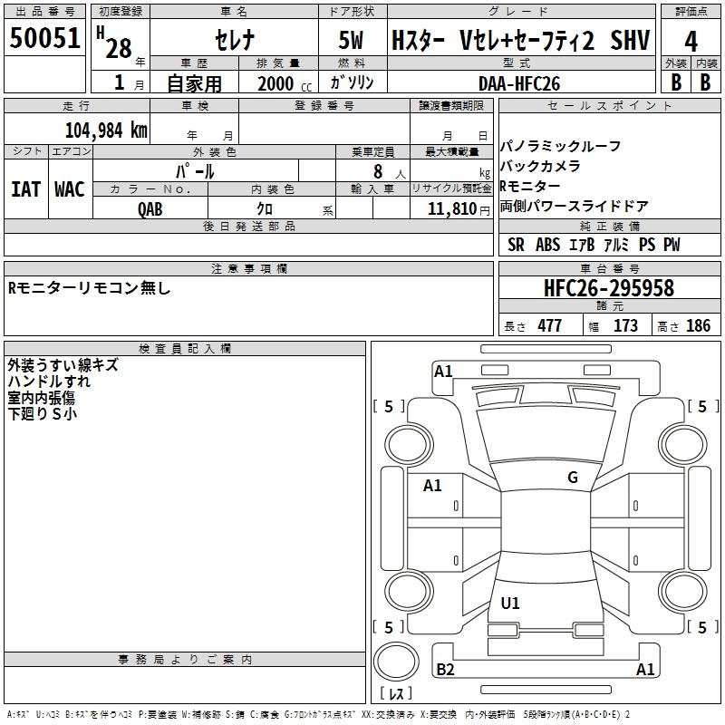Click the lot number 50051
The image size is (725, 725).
(44, 37)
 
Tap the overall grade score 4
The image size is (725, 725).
(691, 42)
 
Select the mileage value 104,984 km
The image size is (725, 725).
(106, 130)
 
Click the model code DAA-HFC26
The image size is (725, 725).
(519, 83)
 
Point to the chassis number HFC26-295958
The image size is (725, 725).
(609, 288)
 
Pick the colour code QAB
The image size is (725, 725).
(150, 209)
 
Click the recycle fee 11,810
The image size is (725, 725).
(451, 208)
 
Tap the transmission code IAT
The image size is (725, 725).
(25, 189)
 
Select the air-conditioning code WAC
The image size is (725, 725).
(70, 189)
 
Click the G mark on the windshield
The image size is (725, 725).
(573, 478)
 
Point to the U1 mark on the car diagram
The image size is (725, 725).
(510, 603)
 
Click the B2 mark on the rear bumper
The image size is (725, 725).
(445, 669)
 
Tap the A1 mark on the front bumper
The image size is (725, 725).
(443, 372)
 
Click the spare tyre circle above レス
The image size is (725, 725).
(396, 662)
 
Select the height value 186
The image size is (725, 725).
(698, 325)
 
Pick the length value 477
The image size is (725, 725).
(550, 325)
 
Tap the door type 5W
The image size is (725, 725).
(351, 40)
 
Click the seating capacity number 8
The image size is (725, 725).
(378, 171)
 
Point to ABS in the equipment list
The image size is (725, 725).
(548, 245)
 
